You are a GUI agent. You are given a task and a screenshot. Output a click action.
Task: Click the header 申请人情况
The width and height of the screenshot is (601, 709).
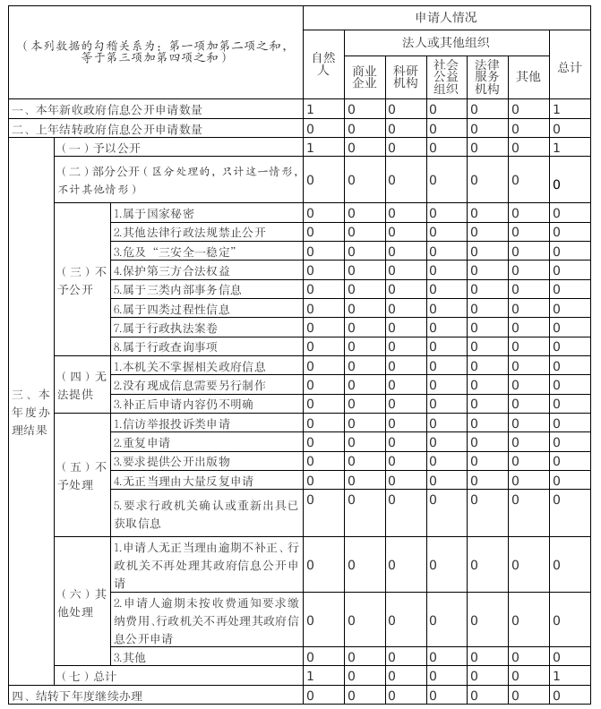click(x=446, y=17)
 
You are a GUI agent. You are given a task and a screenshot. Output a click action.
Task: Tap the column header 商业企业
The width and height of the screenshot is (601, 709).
click(x=364, y=77)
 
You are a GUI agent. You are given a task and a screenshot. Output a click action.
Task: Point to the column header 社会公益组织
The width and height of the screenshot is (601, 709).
click(x=445, y=76)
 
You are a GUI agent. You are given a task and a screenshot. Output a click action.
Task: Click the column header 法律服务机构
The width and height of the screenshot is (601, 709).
click(x=487, y=76)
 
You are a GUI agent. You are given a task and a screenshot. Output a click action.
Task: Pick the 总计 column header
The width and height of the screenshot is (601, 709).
click(x=570, y=67)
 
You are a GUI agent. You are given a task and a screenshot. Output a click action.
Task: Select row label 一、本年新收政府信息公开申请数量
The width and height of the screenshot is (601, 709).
click(x=107, y=110)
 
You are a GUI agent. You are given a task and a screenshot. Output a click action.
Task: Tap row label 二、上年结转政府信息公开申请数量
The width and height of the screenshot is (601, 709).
click(x=107, y=129)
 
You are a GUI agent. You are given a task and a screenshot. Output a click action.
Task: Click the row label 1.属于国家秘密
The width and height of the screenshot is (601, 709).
click(x=153, y=213)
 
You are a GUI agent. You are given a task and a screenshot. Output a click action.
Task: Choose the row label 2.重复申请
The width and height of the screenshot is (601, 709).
click(x=142, y=442)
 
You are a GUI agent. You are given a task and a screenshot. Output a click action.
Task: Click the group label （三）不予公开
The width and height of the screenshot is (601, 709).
click(x=82, y=279)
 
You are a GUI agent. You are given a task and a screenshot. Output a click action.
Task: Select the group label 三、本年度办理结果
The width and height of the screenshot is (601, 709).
click(x=30, y=410)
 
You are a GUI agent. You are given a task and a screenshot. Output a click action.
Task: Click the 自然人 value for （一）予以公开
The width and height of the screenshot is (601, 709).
click(x=310, y=148)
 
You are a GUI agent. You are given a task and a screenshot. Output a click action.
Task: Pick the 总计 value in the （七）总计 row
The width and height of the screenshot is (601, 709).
click(x=556, y=675)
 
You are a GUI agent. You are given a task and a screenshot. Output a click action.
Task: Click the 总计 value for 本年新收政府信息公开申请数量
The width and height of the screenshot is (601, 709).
click(x=556, y=110)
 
